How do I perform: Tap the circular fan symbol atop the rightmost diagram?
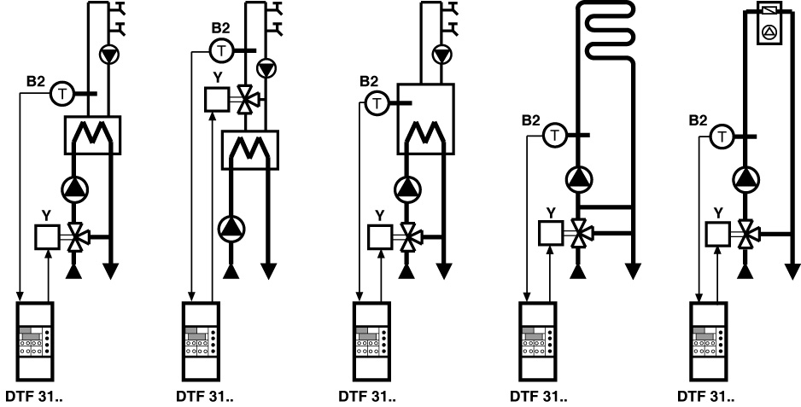point(769,32)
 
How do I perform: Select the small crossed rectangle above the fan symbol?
point(769,9)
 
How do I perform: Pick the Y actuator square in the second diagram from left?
point(217,99)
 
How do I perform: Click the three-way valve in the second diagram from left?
point(248,99)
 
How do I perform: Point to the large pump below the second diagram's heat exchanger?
point(231,227)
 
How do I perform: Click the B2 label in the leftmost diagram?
point(36,81)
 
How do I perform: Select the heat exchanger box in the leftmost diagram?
point(92,136)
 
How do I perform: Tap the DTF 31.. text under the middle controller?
point(367,397)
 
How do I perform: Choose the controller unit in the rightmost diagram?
point(709,341)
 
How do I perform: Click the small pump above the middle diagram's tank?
point(441,54)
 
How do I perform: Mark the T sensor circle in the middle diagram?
point(377,104)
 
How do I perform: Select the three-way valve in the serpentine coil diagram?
point(580,233)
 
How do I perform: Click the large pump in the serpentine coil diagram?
point(579,178)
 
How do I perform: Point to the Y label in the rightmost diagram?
point(718,213)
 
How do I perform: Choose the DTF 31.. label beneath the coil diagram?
point(539,397)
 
